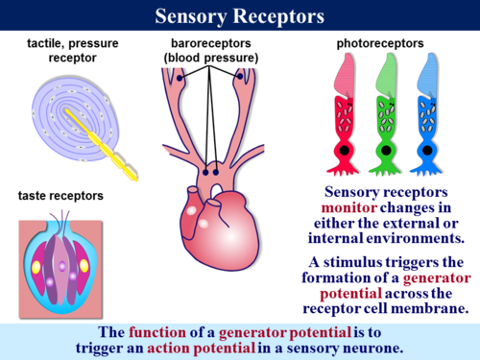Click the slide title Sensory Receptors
pyautogui.click(x=239, y=16)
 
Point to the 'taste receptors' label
pyautogui.click(x=60, y=196)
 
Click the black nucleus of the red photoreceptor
pyautogui.click(x=344, y=153)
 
